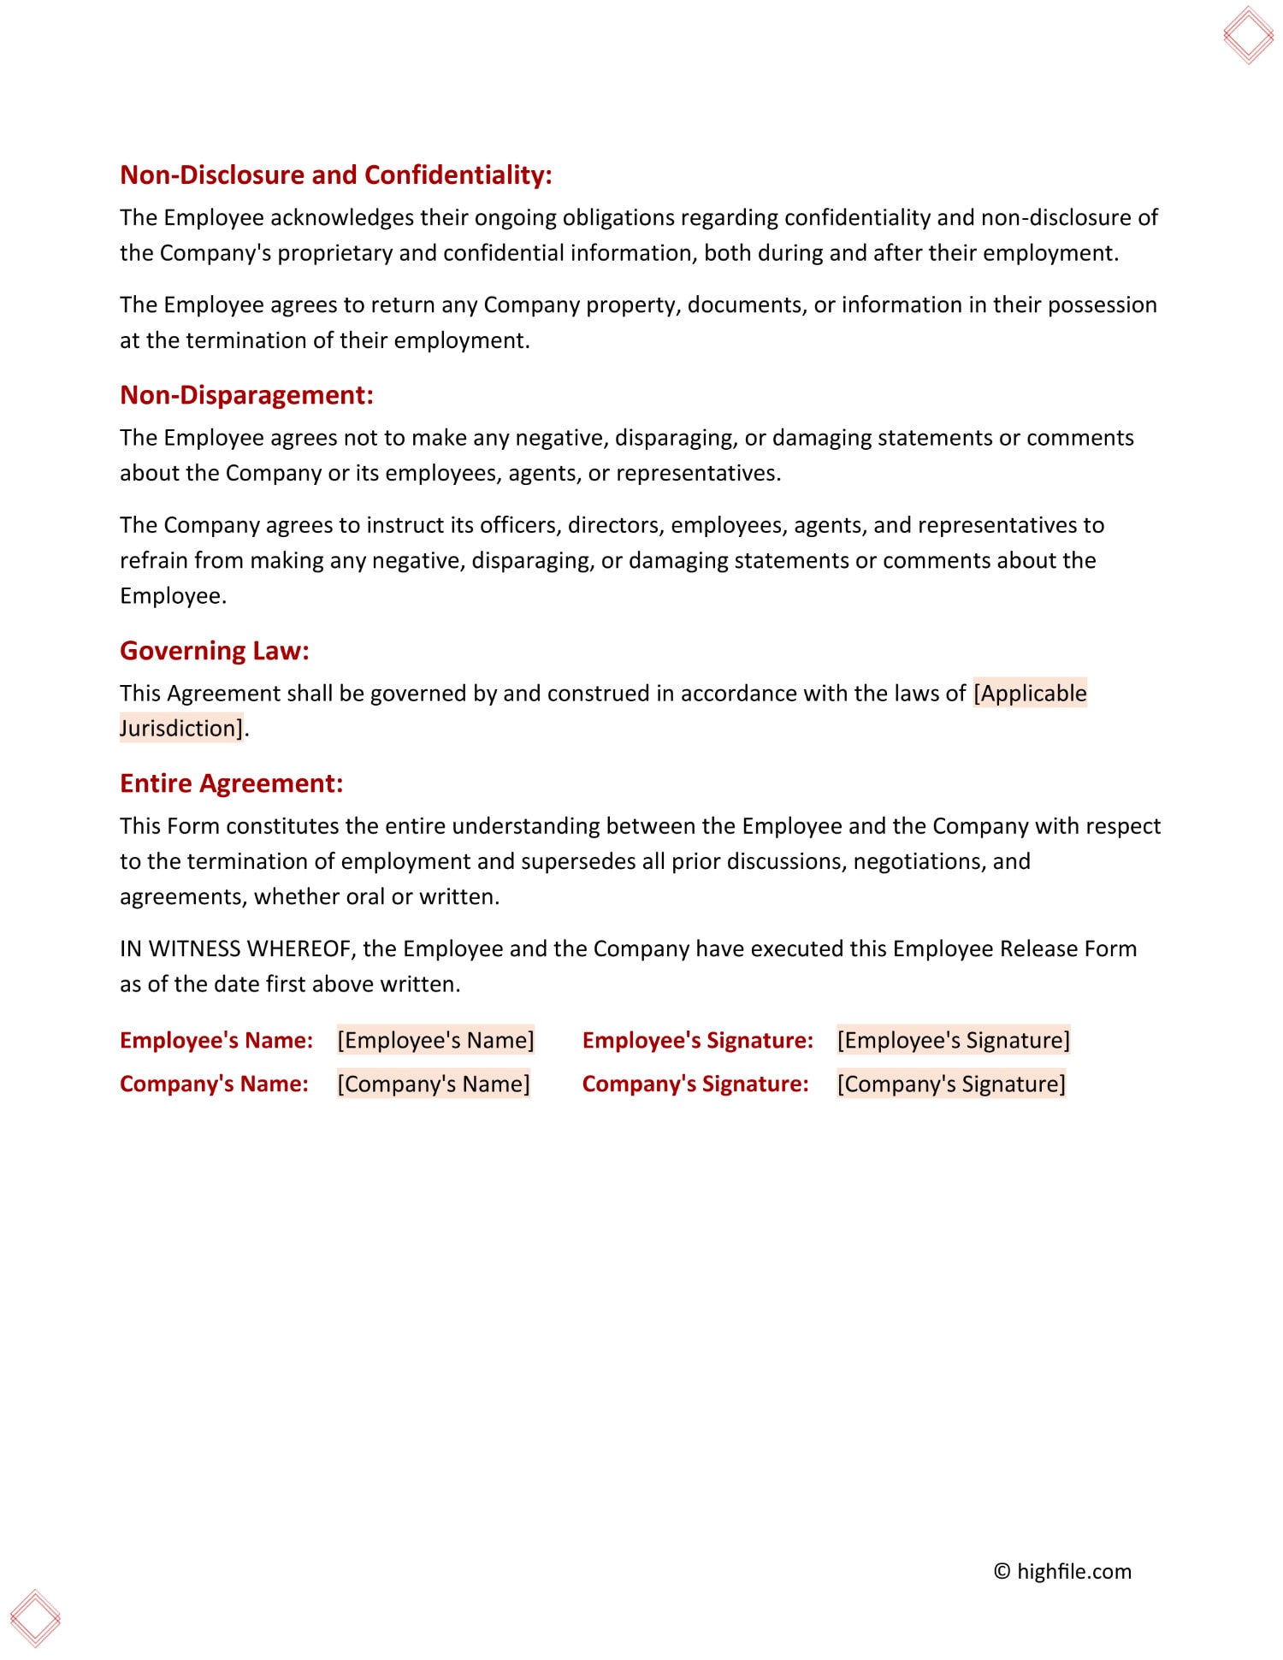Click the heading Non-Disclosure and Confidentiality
pyautogui.click(x=335, y=175)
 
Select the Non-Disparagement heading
pyautogui.click(x=246, y=395)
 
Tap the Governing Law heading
pyautogui.click(x=214, y=651)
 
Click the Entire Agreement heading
pyautogui.click(x=231, y=783)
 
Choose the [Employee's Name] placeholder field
pyautogui.click(x=435, y=1040)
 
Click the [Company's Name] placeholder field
pyautogui.click(x=434, y=1084)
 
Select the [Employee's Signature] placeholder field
pyautogui.click(x=953, y=1040)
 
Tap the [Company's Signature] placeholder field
pyautogui.click(x=951, y=1084)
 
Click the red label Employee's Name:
pyautogui.click(x=216, y=1040)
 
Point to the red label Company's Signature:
pyautogui.click(x=695, y=1084)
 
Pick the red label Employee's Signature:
pyautogui.click(x=698, y=1040)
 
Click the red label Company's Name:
pyautogui.click(x=214, y=1084)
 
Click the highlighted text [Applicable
pyautogui.click(x=1030, y=693)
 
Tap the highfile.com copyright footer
pyautogui.click(x=1062, y=1571)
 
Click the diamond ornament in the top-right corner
pyautogui.click(x=1248, y=35)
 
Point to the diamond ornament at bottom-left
pyautogui.click(x=35, y=1618)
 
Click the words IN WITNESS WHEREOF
pyautogui.click(x=237, y=948)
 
